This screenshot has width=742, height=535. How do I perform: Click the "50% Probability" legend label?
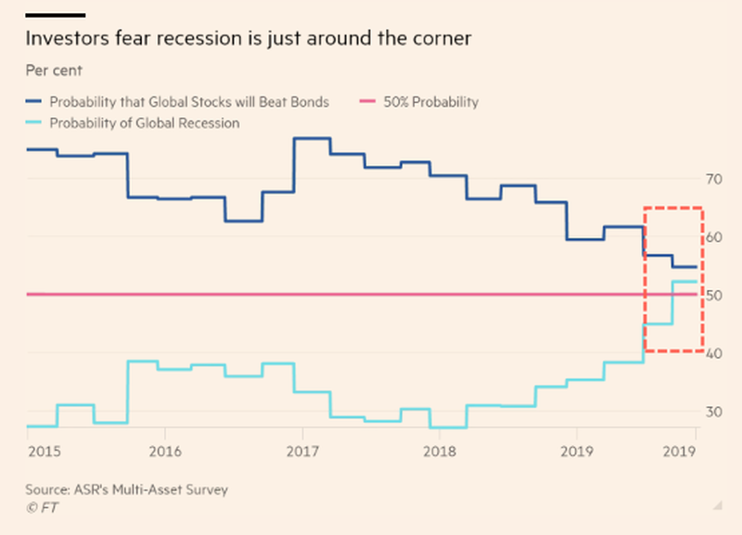430,102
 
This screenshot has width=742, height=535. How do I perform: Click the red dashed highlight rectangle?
702,278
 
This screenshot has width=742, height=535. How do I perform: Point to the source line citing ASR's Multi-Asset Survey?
127,489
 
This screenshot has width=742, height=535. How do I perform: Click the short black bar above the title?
55,16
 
